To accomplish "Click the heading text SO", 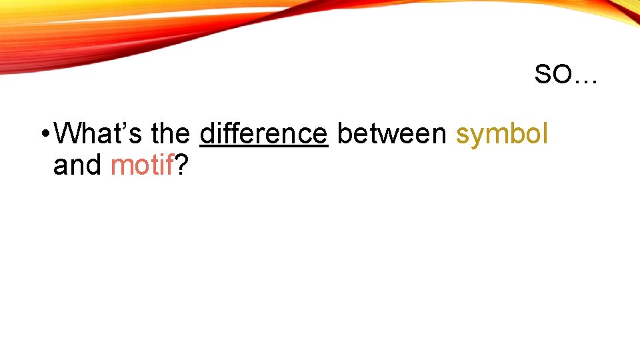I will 553,75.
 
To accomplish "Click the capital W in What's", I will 67,134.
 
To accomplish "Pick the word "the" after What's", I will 170,134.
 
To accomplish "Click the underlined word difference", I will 264,134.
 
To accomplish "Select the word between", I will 392,134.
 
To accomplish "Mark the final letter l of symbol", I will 545,133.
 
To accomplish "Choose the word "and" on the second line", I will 77,165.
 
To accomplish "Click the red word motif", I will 142,165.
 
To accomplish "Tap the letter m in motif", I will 121,167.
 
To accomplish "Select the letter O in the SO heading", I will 561,75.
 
